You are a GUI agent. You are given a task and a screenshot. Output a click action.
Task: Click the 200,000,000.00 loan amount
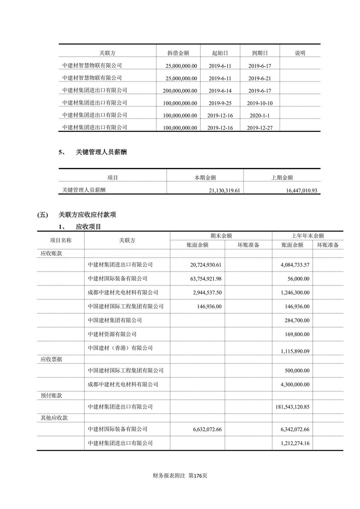tap(180, 91)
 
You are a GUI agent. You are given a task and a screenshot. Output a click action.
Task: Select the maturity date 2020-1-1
tap(259, 116)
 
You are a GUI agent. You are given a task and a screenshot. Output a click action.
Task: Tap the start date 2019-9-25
tap(220, 103)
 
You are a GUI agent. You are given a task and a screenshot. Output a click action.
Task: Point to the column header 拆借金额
tap(178, 53)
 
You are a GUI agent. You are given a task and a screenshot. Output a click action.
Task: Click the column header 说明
tap(300, 53)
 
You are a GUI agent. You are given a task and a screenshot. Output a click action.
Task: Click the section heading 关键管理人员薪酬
tap(101, 152)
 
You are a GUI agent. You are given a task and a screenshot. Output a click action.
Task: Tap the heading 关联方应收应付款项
tap(87, 215)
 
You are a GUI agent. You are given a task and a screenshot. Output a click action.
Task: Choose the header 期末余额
tap(221, 236)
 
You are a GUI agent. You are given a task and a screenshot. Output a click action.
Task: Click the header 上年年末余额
tap(307, 236)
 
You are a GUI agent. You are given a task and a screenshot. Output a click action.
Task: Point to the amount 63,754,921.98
tap(206, 279)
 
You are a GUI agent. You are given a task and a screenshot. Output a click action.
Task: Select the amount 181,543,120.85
tap(292, 407)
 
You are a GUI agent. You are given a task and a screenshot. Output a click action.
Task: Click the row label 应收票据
tap(51, 359)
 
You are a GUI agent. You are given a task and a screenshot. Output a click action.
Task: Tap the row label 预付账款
tap(51, 396)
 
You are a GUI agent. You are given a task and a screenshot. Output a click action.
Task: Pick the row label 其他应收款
tap(54, 418)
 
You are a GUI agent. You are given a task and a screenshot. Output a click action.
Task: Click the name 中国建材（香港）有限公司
tap(120, 348)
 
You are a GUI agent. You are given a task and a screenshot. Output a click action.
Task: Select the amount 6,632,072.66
tap(207, 429)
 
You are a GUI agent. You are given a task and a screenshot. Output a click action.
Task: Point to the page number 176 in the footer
tap(198, 476)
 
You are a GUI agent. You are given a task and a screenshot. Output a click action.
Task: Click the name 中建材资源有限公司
tap(112, 334)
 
